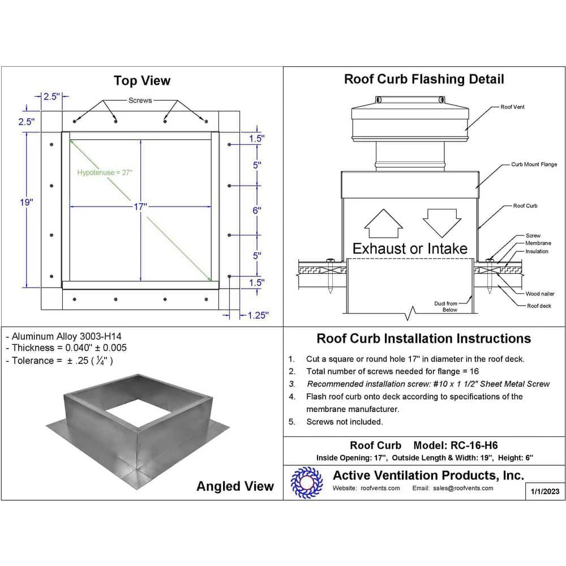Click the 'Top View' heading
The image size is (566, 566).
pyautogui.click(x=141, y=80)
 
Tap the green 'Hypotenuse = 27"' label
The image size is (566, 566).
pyautogui.click(x=105, y=173)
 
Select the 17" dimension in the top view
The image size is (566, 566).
pyautogui.click(x=140, y=207)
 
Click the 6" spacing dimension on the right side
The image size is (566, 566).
pyautogui.click(x=257, y=210)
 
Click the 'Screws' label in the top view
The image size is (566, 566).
pyautogui.click(x=140, y=100)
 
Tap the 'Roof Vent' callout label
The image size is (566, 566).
pyautogui.click(x=512, y=107)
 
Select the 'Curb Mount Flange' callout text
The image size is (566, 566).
pyautogui.click(x=534, y=165)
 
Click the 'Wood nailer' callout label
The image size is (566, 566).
pyautogui.click(x=540, y=294)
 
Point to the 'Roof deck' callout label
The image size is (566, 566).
pyautogui.click(x=539, y=306)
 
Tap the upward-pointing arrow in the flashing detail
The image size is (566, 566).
pyautogui.click(x=383, y=224)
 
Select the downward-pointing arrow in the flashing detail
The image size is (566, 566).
pyautogui.click(x=441, y=222)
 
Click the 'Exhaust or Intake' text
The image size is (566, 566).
pyautogui.click(x=410, y=248)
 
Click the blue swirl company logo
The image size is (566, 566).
pyautogui.click(x=306, y=482)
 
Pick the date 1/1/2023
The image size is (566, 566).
pyautogui.click(x=546, y=491)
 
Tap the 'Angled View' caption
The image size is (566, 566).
pyautogui.click(x=235, y=486)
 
